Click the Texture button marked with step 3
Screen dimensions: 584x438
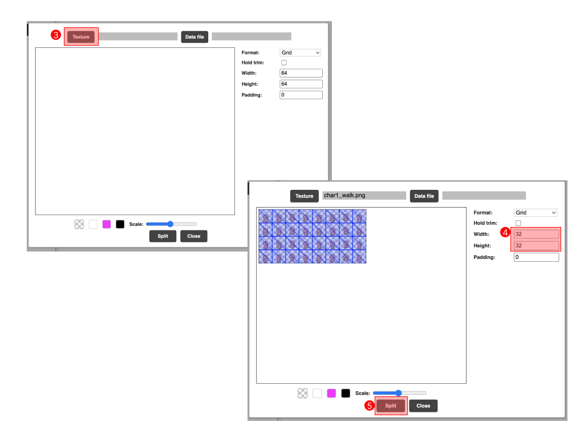pos(81,37)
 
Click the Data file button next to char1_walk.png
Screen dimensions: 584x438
pos(424,196)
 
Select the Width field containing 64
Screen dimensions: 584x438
pos(301,73)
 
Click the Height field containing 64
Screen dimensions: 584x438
pos(301,84)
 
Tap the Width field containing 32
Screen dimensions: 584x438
pos(536,234)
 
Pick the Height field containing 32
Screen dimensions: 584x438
pos(536,245)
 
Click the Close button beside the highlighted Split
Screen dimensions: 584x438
pos(423,405)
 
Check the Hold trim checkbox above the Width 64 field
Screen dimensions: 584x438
pos(284,63)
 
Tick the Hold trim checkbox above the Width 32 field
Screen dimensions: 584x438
pos(518,223)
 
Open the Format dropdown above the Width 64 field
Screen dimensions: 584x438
pos(300,52)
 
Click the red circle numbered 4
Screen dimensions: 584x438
pos(505,233)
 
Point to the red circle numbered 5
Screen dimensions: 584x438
pos(369,405)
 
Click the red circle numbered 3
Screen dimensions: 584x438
pos(55,35)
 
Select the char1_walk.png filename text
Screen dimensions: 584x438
pos(344,195)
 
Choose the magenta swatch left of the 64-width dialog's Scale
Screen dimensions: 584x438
pos(107,224)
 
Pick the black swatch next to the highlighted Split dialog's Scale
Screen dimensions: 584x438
pos(346,393)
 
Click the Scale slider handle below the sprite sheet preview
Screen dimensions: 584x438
pos(399,393)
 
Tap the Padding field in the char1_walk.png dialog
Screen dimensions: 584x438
pos(536,257)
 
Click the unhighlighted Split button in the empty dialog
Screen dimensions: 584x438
pos(163,236)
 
